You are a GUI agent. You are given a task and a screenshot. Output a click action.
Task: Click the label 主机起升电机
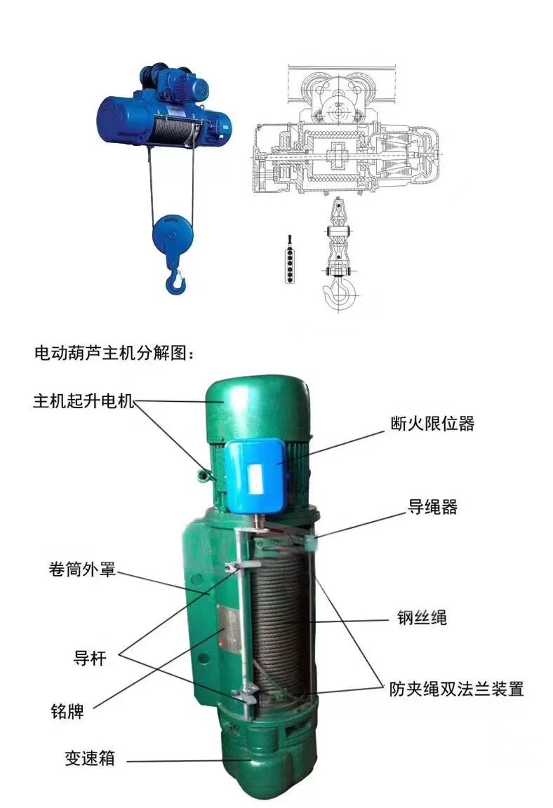[83, 401]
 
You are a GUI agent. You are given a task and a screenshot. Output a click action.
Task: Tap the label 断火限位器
[432, 424]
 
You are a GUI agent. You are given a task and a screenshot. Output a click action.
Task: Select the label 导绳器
[432, 507]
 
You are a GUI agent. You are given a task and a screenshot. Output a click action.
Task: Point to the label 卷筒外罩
[82, 570]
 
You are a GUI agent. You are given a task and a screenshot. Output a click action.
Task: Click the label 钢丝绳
[422, 617]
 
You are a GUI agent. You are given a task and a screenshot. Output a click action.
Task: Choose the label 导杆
[91, 658]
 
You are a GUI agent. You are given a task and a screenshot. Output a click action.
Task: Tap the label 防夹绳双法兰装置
[457, 689]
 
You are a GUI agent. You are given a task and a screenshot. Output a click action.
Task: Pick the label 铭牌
[67, 711]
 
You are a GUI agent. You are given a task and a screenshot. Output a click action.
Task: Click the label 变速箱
[90, 758]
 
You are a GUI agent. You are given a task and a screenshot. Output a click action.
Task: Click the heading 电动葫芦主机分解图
[114, 354]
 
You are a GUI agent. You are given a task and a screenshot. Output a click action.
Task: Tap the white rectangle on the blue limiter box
[255, 477]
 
